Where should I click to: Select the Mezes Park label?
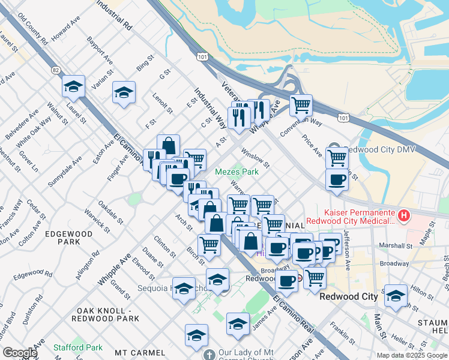click(237, 172)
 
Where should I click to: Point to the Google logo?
click(20, 353)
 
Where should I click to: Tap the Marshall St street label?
click(397, 245)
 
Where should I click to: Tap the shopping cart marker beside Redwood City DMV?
click(337, 158)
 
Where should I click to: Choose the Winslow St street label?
click(255, 158)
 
